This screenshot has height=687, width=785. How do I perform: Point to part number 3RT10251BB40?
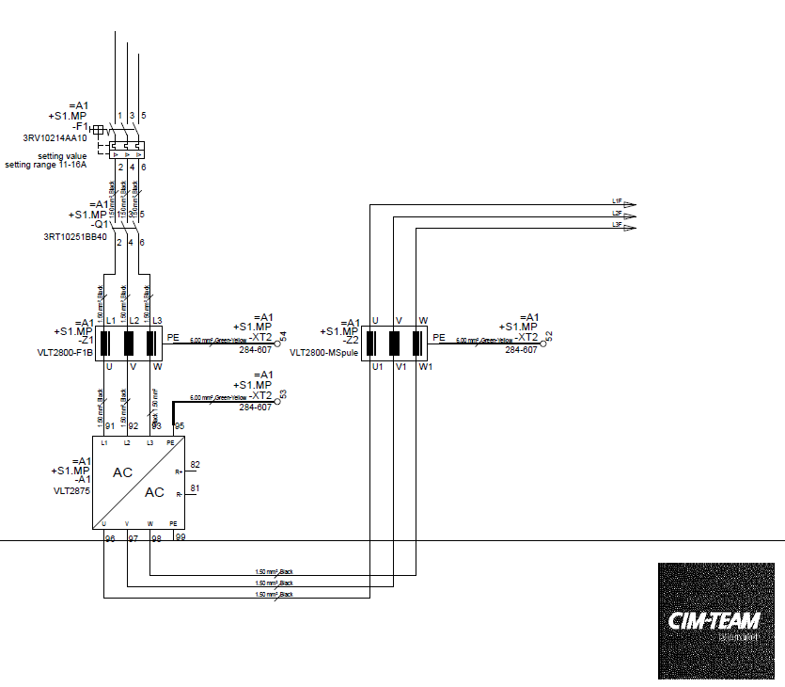tap(75, 237)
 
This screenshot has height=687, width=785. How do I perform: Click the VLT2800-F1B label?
tap(64, 353)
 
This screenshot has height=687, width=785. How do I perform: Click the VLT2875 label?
tap(70, 491)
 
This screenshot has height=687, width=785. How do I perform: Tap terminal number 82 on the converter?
tap(195, 465)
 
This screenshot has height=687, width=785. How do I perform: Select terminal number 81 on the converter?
tap(195, 488)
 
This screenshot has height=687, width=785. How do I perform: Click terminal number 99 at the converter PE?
tap(181, 537)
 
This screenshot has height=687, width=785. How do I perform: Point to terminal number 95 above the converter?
tap(180, 426)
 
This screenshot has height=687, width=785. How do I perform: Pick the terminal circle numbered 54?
tap(278, 344)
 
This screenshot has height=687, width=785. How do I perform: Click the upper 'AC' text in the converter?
tap(123, 472)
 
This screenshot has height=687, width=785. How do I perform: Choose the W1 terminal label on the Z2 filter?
tap(425, 366)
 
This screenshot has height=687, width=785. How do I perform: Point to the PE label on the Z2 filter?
tap(439, 337)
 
